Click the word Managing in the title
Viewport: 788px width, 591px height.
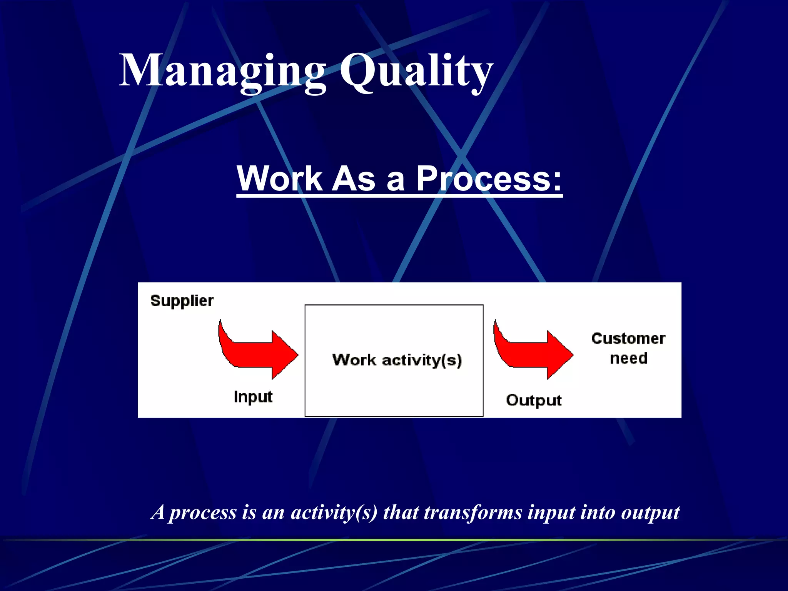pos(222,71)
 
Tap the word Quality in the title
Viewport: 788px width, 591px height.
pos(416,71)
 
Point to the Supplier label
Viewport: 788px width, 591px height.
pos(182,301)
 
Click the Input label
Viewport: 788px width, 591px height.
pos(253,397)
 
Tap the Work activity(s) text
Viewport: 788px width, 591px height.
pos(397,360)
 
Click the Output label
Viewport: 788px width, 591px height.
pos(534,400)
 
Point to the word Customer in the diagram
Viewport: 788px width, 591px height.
pos(628,339)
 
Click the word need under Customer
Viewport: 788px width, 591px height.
pos(629,359)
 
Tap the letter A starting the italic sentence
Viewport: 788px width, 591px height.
pos(158,512)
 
